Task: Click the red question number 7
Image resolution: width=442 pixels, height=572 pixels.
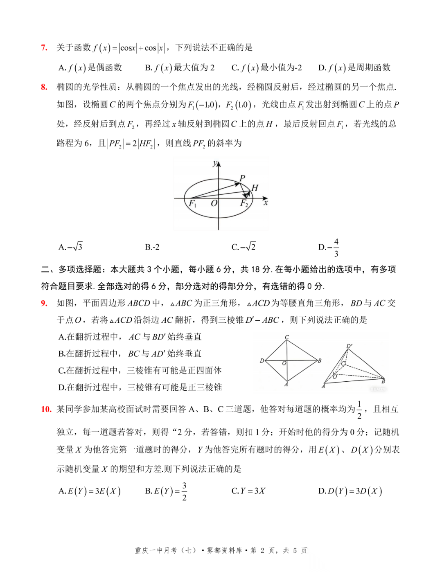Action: pyautogui.click(x=44, y=48)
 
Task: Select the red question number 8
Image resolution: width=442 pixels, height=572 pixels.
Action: pyautogui.click(x=44, y=87)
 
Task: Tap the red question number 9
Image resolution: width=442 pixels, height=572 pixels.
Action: pyautogui.click(x=44, y=303)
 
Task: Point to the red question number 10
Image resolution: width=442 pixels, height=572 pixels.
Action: pyautogui.click(x=46, y=409)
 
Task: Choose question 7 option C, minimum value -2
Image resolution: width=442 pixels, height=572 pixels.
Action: pyautogui.click(x=266, y=68)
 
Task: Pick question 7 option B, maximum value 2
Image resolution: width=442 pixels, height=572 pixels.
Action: pyautogui.click(x=180, y=68)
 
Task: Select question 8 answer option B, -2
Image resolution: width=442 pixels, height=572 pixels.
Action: pyautogui.click(x=152, y=247)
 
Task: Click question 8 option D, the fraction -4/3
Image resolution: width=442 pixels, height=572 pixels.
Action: pyautogui.click(x=329, y=247)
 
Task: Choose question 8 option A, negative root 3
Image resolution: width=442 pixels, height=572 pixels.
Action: pyautogui.click(x=70, y=247)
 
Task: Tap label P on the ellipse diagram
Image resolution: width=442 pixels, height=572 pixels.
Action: pyautogui.click(x=242, y=178)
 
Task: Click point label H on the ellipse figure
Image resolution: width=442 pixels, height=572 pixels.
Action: pyautogui.click(x=255, y=188)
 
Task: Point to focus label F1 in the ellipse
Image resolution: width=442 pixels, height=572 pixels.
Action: pyautogui.click(x=192, y=203)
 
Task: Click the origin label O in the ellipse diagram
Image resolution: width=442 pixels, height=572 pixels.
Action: pyautogui.click(x=214, y=203)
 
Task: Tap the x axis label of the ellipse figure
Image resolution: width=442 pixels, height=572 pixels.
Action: pyautogui.click(x=266, y=203)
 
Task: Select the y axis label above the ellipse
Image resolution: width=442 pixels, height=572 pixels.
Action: pyautogui.click(x=215, y=164)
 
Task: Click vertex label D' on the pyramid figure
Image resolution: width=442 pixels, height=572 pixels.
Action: pyautogui.click(x=349, y=346)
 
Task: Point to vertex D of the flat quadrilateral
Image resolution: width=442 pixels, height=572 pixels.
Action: pyautogui.click(x=262, y=360)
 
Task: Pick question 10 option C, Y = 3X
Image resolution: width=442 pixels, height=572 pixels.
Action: pyautogui.click(x=248, y=491)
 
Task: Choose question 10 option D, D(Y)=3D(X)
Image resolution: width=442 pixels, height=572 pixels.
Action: pyautogui.click(x=350, y=491)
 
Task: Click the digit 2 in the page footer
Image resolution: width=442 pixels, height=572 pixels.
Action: pyautogui.click(x=262, y=551)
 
